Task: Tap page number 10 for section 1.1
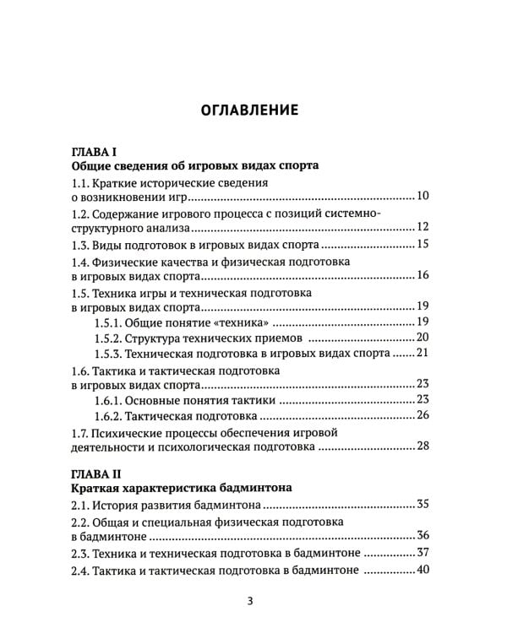click(x=423, y=197)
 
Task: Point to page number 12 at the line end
click(x=423, y=227)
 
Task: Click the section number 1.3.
click(x=81, y=245)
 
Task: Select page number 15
click(x=423, y=245)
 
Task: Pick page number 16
click(x=423, y=276)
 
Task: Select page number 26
click(x=423, y=415)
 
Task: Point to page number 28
click(x=423, y=446)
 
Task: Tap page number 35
click(x=423, y=505)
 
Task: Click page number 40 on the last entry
click(x=423, y=570)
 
